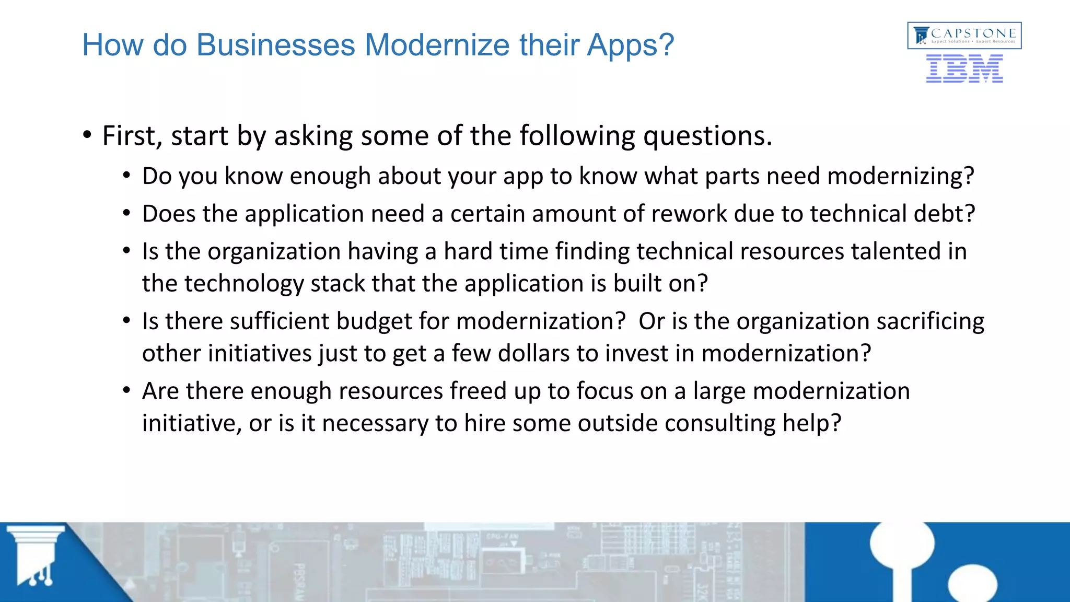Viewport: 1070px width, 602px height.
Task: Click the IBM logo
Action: (x=964, y=69)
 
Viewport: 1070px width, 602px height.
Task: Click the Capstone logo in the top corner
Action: (x=964, y=36)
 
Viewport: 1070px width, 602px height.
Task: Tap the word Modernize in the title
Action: (x=437, y=45)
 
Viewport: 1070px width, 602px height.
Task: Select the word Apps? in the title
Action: (x=631, y=46)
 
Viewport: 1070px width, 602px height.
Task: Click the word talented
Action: (x=895, y=251)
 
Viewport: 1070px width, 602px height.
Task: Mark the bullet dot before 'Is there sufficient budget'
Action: (x=126, y=320)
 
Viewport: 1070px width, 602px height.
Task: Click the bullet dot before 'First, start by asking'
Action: (x=87, y=135)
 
